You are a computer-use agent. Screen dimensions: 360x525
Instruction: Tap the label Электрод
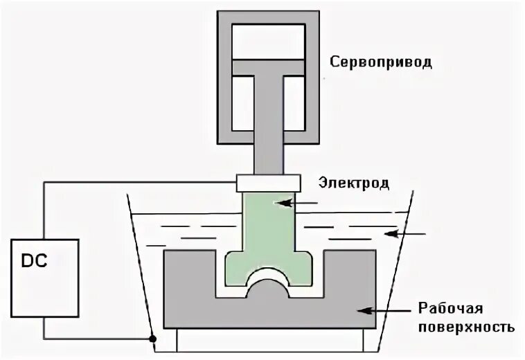tap(354, 183)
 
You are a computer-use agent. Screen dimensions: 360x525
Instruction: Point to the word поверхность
tap(466, 325)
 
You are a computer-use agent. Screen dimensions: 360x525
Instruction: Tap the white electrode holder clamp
tap(268, 183)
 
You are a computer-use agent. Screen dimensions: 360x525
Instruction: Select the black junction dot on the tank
tap(151, 339)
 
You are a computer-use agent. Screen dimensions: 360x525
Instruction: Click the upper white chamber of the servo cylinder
tap(269, 42)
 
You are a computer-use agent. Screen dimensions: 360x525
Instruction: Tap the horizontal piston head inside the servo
tap(269, 67)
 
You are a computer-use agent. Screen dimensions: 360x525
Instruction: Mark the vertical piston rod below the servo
tap(269, 138)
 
